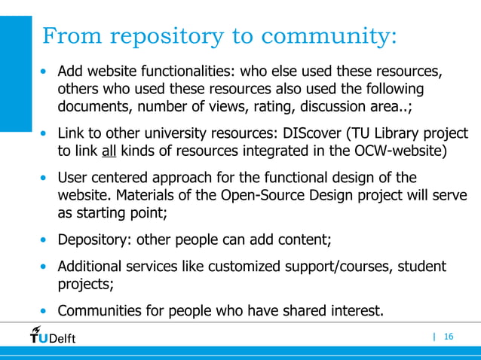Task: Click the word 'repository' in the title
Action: [x=167, y=35]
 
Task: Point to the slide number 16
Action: [x=449, y=336]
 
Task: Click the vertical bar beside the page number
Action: [x=434, y=336]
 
